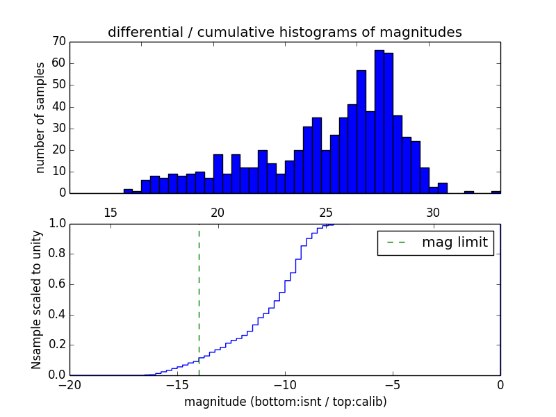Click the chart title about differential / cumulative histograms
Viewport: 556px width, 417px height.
[x=284, y=32]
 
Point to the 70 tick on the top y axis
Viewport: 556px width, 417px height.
[x=58, y=42]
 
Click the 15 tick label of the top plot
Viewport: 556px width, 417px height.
[x=110, y=212]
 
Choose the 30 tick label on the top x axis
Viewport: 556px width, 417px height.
[x=433, y=212]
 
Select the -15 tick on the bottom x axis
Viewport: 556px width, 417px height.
[x=177, y=385]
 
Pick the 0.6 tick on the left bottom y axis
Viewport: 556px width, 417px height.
[x=56, y=284]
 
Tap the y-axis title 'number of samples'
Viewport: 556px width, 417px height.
[x=40, y=117]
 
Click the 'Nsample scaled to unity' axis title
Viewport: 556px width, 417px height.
[x=37, y=300]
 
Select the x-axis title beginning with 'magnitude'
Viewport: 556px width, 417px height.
[x=285, y=402]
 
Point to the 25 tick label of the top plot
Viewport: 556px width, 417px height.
[x=325, y=212]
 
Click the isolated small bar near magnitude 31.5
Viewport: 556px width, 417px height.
[x=469, y=192]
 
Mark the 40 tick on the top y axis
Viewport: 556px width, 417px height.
[x=58, y=106]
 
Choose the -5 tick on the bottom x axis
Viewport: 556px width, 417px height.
[x=393, y=385]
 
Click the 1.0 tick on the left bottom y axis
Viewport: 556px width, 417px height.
[x=56, y=224]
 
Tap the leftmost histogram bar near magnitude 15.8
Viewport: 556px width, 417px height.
[x=128, y=191]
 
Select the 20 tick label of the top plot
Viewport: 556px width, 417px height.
[x=218, y=212]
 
